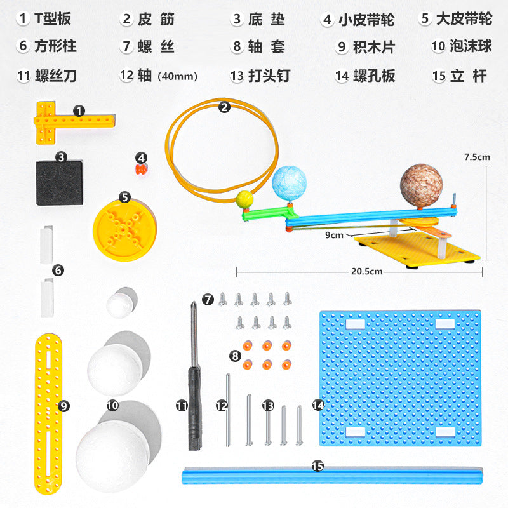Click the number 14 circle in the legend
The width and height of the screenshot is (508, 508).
point(343,76)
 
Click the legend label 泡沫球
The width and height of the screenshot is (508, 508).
point(469,46)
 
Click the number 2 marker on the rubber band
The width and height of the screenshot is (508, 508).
point(224,107)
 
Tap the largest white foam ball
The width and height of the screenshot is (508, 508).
point(113,451)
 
